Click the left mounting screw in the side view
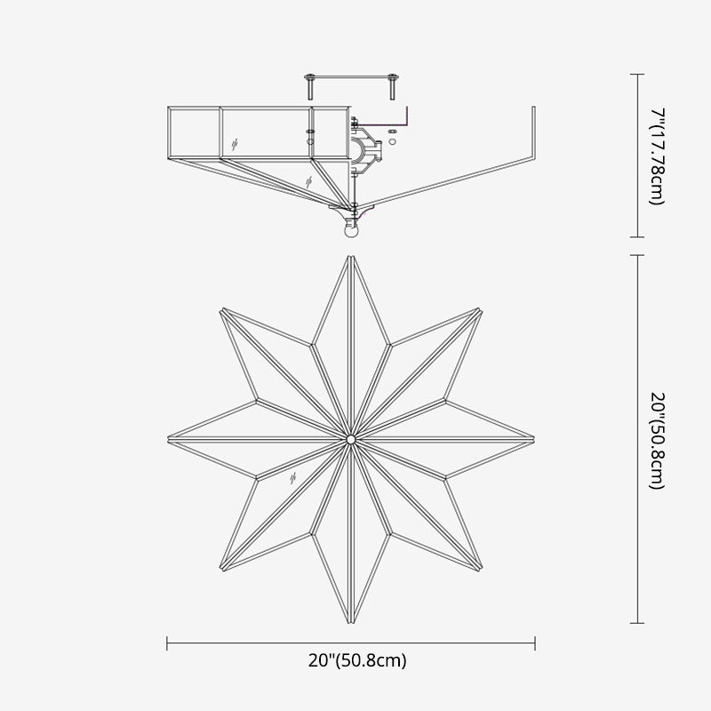pos(309,86)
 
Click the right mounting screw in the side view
pos(391,86)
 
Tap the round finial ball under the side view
pos(351,233)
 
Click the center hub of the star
pos(351,439)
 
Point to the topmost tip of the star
pos(351,257)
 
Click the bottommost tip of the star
pos(351,621)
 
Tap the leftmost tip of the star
pos(170,439)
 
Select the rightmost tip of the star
pos(533,439)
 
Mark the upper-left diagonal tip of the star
pos(222,309)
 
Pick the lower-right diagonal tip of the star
pos(480,569)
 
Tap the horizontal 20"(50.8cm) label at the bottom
pos(352,660)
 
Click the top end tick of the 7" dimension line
pos(636,75)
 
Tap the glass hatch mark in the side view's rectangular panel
pos(235,142)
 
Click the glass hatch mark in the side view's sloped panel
pos(308,180)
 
